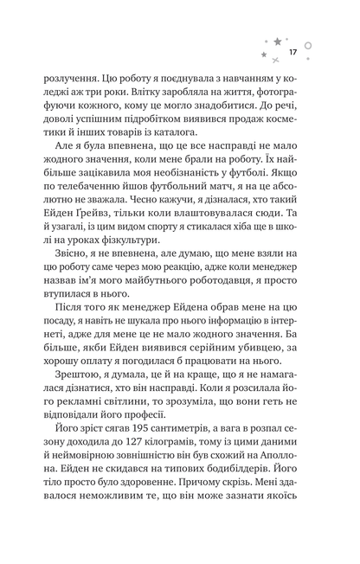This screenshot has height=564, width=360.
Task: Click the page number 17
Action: (294, 53)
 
